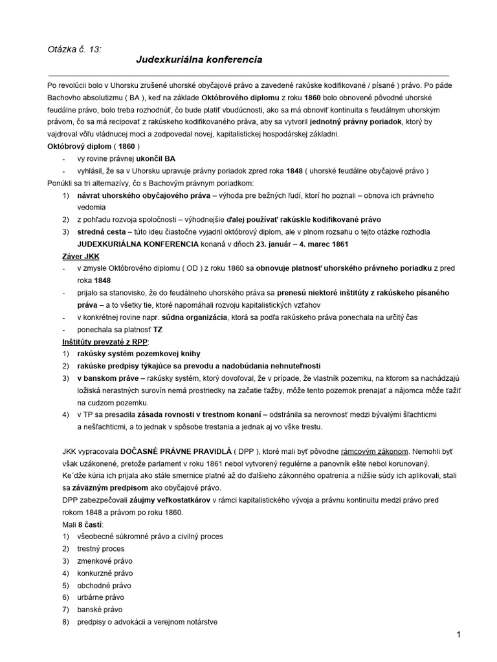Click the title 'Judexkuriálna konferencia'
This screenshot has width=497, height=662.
tap(199, 59)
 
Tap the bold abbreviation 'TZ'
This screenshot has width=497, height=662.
tap(157, 329)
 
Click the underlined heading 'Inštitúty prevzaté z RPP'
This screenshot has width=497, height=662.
tap(105, 341)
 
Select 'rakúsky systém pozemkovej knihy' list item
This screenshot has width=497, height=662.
tap(138, 354)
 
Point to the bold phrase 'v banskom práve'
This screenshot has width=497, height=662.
tap(107, 378)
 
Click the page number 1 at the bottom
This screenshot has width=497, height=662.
tap(458, 634)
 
